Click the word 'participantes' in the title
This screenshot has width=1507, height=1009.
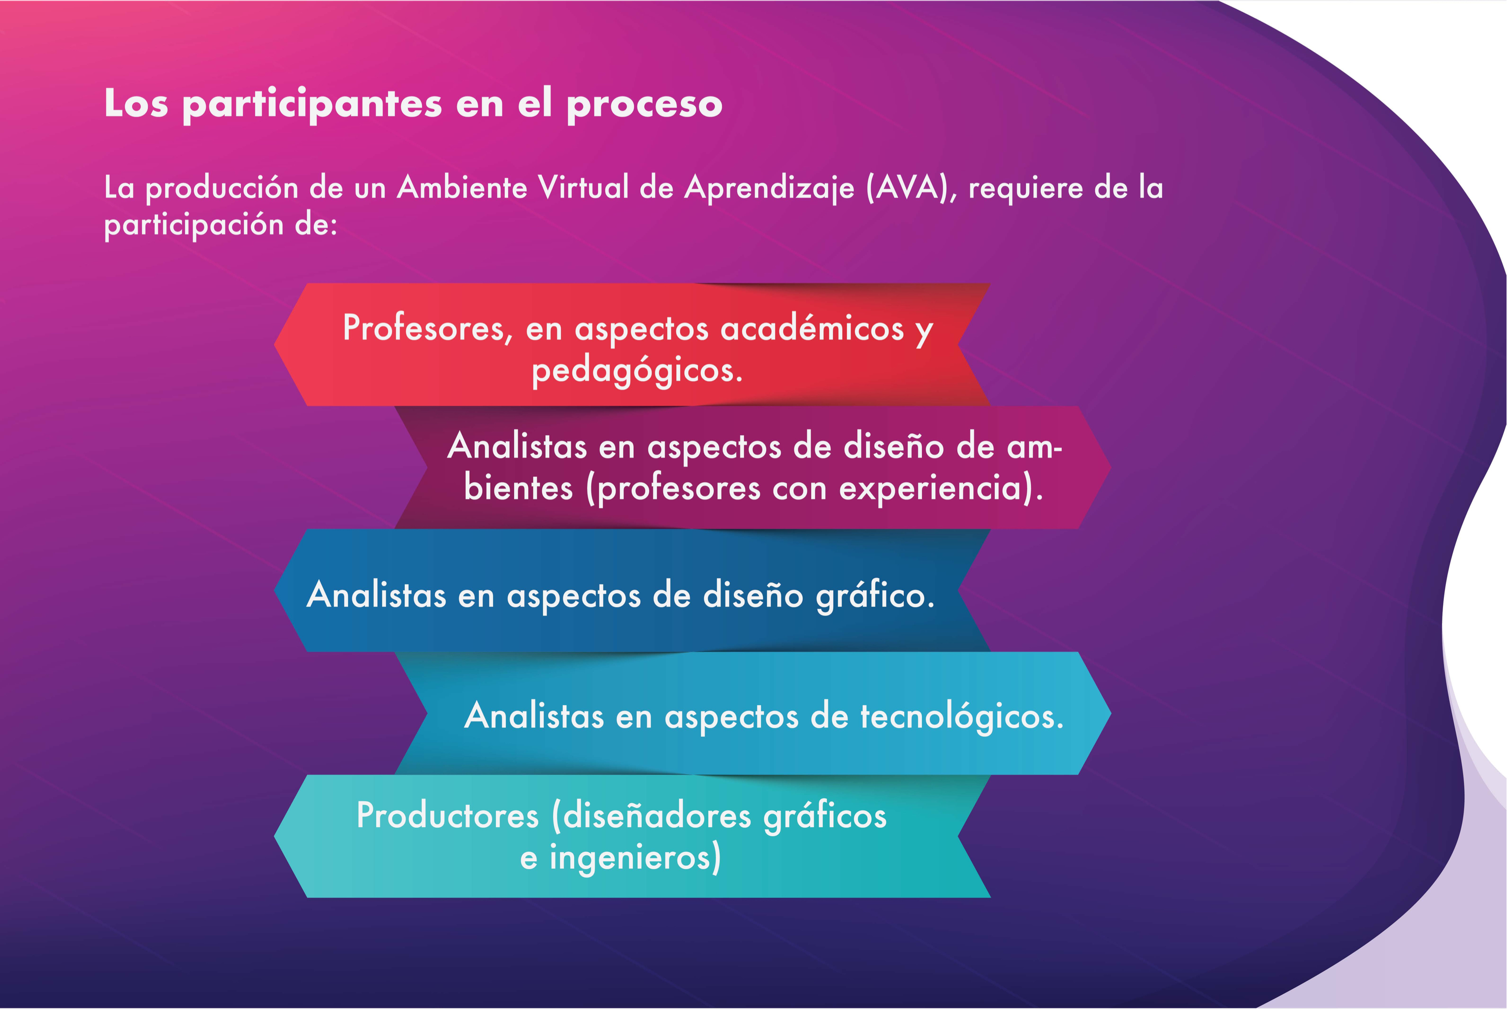point(312,104)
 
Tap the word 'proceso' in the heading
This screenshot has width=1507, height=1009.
point(644,104)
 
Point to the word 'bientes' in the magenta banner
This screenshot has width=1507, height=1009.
point(518,488)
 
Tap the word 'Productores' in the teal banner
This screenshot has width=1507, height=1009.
point(447,816)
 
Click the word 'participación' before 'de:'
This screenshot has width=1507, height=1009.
point(194,225)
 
